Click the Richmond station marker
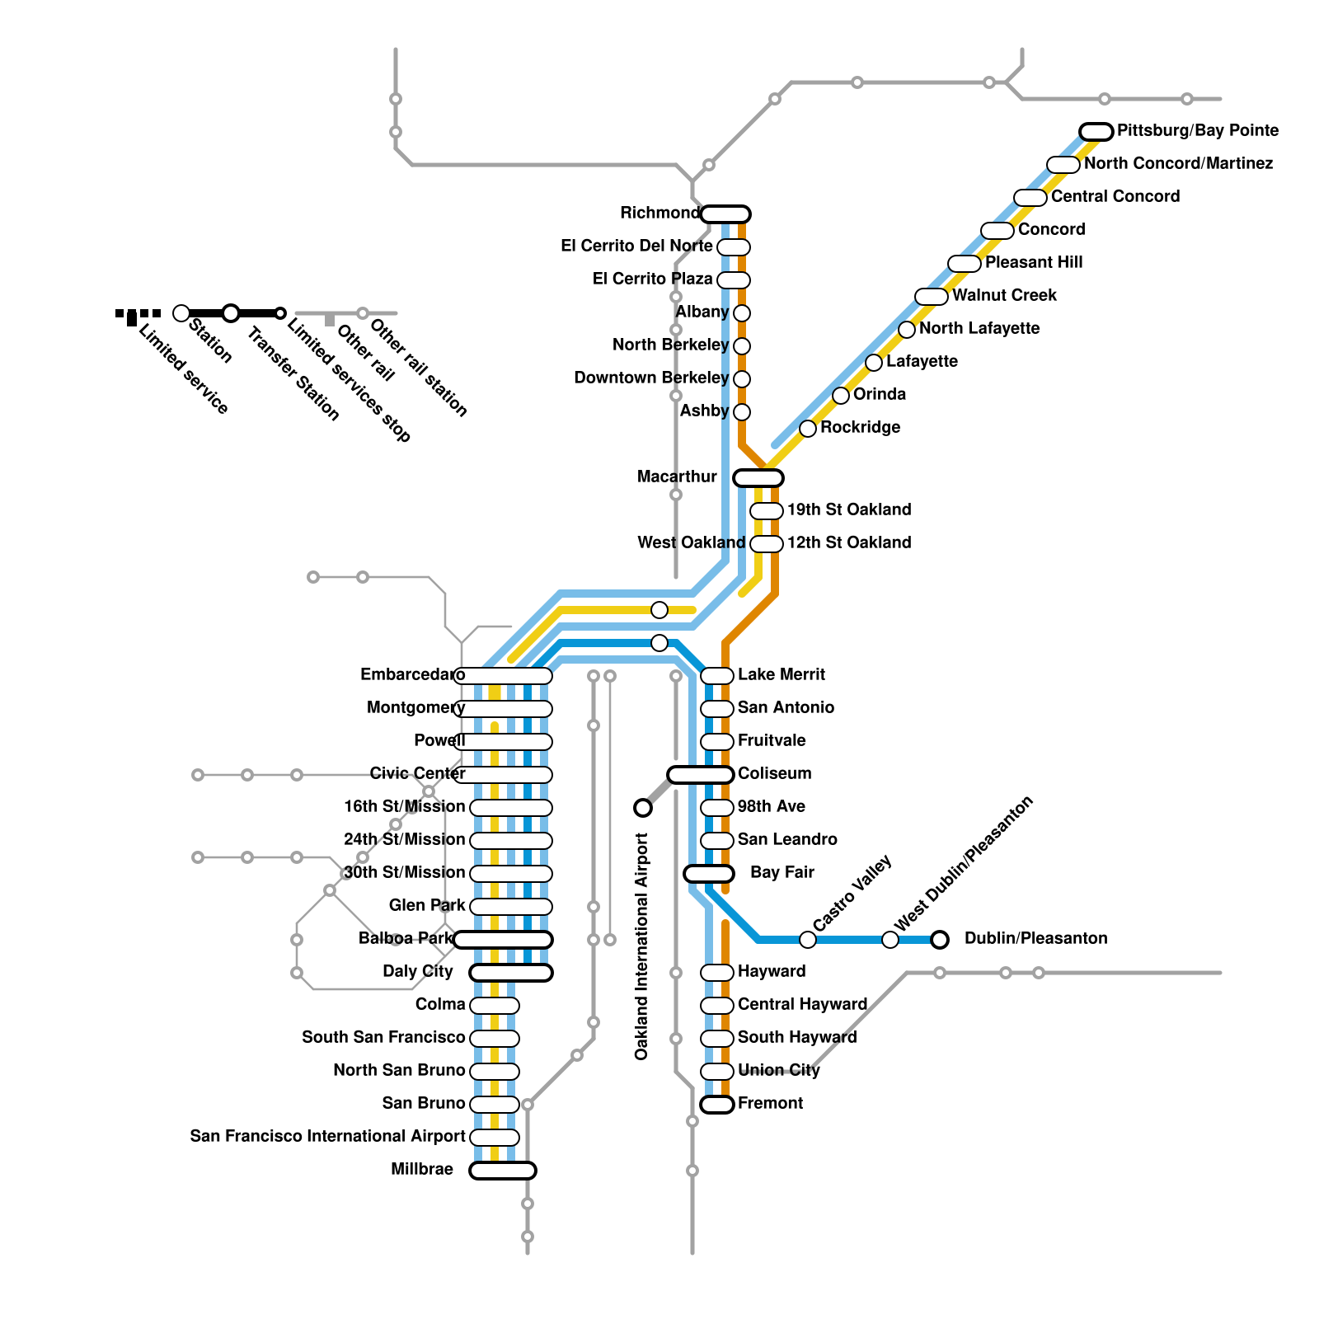point(725,214)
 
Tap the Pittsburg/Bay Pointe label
point(1197,130)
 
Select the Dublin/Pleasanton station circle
point(940,939)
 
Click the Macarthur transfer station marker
point(758,477)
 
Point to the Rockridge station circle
point(808,428)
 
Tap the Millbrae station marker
point(503,1170)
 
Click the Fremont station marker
point(717,1104)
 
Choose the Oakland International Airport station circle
point(643,807)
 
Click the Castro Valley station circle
point(808,939)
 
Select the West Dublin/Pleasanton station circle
point(890,939)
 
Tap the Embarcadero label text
point(411,674)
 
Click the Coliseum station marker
point(701,774)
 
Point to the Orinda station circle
point(841,395)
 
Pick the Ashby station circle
point(742,411)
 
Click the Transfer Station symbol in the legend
point(231,313)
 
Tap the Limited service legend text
point(183,368)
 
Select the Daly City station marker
point(511,972)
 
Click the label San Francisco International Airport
point(327,1136)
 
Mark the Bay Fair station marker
point(709,873)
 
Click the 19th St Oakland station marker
point(767,510)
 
